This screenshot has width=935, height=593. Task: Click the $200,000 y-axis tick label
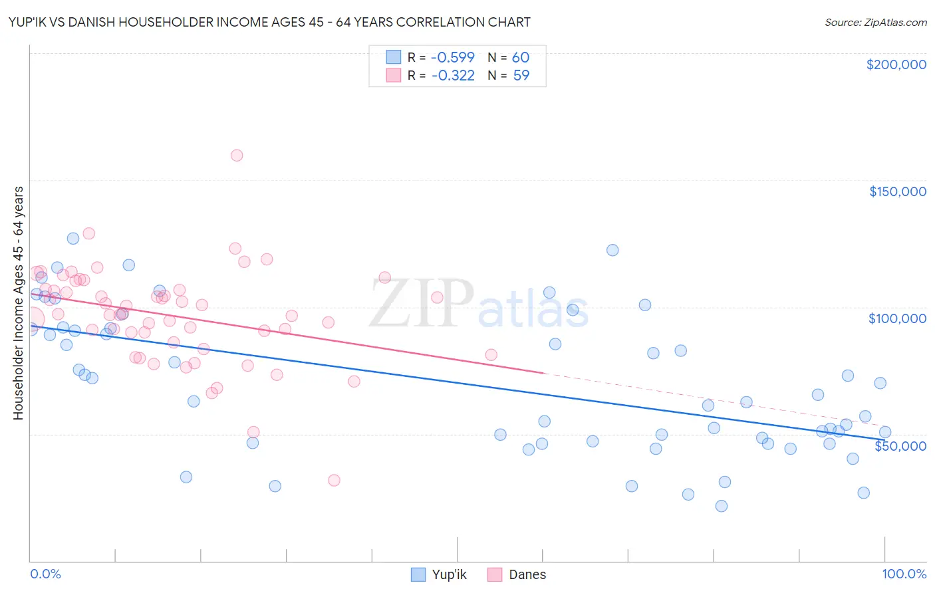pyautogui.click(x=896, y=64)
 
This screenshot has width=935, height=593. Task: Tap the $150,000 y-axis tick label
pyautogui.click(x=897, y=191)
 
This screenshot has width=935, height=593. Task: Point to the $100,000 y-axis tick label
pyautogui.click(x=897, y=318)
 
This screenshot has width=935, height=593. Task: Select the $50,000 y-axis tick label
pyautogui.click(x=900, y=445)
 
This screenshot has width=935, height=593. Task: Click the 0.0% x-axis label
pyautogui.click(x=45, y=574)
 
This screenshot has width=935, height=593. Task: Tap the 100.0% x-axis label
pyautogui.click(x=904, y=574)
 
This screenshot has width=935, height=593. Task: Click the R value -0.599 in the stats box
pyautogui.click(x=453, y=57)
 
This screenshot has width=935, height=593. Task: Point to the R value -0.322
pyautogui.click(x=453, y=75)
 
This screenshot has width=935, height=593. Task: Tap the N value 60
pyautogui.click(x=520, y=57)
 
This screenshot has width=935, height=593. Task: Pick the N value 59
pyautogui.click(x=521, y=75)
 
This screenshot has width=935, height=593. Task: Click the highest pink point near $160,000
pyautogui.click(x=237, y=156)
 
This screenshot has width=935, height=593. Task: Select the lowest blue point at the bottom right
pyautogui.click(x=721, y=506)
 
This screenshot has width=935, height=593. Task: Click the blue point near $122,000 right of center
pyautogui.click(x=612, y=250)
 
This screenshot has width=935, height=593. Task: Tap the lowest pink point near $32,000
pyautogui.click(x=334, y=480)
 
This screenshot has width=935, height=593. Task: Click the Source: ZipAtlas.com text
pyautogui.click(x=875, y=22)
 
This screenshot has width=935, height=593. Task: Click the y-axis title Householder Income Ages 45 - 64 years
pyautogui.click(x=18, y=302)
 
